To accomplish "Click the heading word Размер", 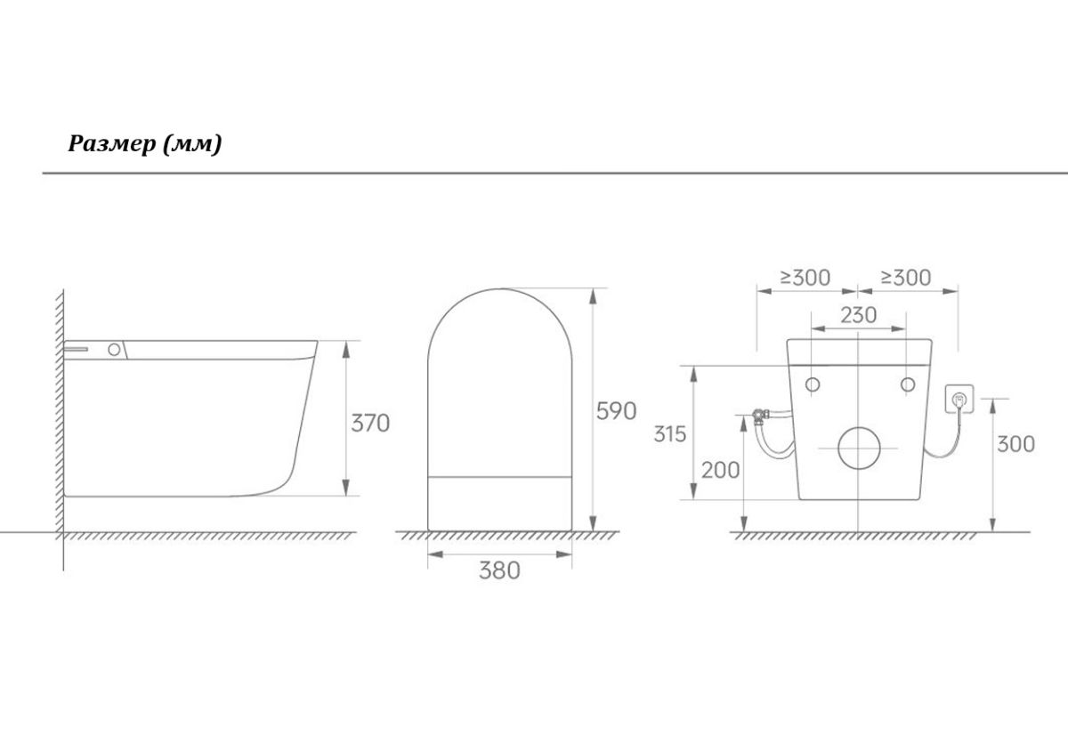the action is click(112, 143).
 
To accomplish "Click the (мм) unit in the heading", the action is click(192, 143).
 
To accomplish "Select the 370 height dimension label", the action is click(370, 424).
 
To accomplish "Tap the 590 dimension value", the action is click(617, 411).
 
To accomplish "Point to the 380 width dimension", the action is click(499, 570).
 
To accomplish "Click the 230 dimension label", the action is click(858, 315).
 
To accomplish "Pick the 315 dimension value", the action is click(670, 434).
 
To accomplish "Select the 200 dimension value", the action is click(720, 471).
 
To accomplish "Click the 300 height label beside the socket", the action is click(1015, 444).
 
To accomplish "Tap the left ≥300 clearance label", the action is click(805, 278).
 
